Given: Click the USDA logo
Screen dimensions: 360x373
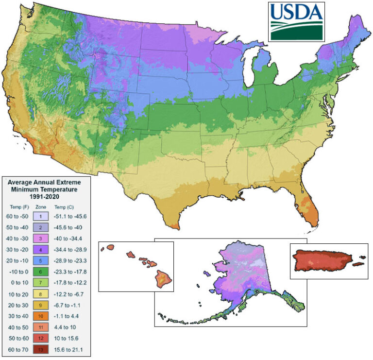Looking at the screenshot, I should [296, 21].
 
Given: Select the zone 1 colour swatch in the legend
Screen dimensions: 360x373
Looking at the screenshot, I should [42, 216].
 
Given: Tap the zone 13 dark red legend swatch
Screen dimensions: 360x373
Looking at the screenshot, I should [42, 349].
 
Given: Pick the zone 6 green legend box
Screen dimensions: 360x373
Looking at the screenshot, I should [42, 272].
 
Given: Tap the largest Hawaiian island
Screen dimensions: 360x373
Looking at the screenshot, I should [162, 278].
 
